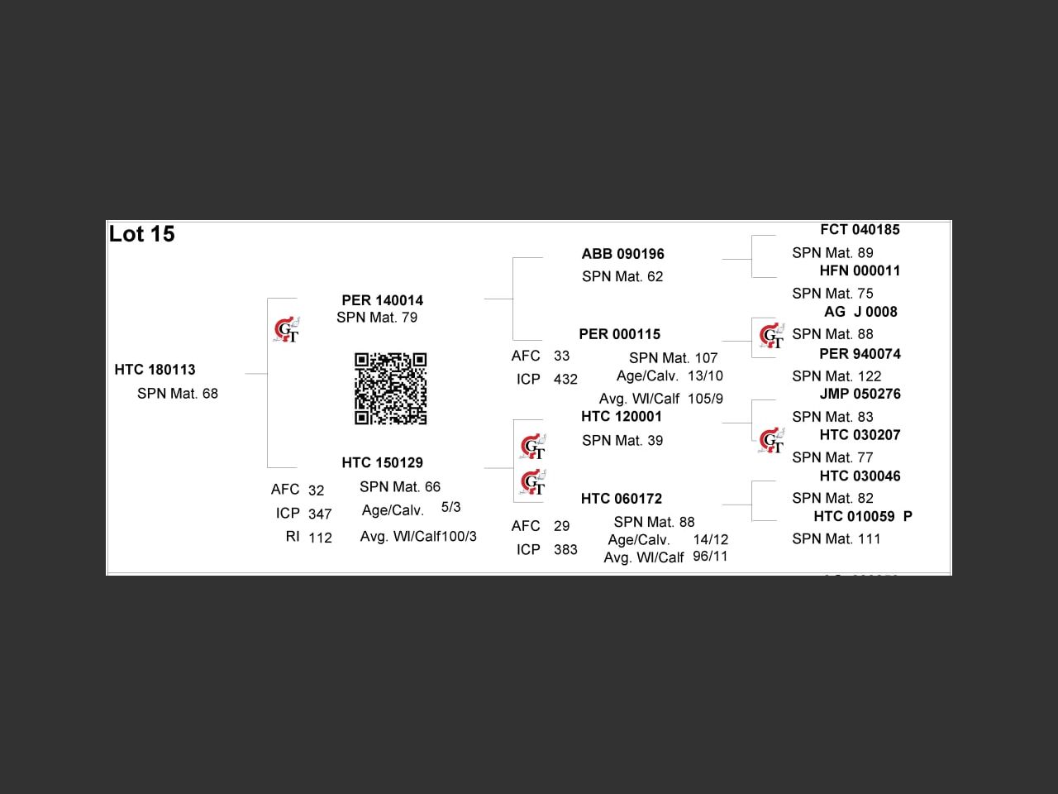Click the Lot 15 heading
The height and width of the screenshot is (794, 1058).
click(142, 234)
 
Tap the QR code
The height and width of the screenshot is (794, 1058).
click(390, 389)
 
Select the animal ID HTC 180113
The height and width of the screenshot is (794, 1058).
click(155, 370)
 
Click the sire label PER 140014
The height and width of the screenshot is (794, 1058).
click(382, 300)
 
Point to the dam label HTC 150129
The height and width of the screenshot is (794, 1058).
click(382, 462)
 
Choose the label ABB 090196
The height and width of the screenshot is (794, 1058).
click(622, 254)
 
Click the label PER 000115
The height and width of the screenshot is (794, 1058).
click(619, 334)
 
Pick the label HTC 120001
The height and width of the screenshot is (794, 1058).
click(622, 416)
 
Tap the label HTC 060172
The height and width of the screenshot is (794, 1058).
click(621, 498)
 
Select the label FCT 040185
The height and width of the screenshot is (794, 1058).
click(860, 229)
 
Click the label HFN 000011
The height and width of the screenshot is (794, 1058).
click(860, 270)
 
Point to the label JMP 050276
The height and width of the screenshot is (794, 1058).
click(860, 394)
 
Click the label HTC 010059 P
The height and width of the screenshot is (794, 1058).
click(863, 516)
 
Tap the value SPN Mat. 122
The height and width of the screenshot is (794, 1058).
click(836, 375)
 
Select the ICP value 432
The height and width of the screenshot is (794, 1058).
click(565, 379)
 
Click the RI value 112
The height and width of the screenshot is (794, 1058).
click(320, 538)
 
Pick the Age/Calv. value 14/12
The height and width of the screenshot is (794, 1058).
click(710, 539)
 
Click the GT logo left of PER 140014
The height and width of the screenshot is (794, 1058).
click(286, 330)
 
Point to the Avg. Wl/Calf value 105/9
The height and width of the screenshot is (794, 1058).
click(705, 399)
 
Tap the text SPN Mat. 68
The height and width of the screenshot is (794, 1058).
click(178, 394)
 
